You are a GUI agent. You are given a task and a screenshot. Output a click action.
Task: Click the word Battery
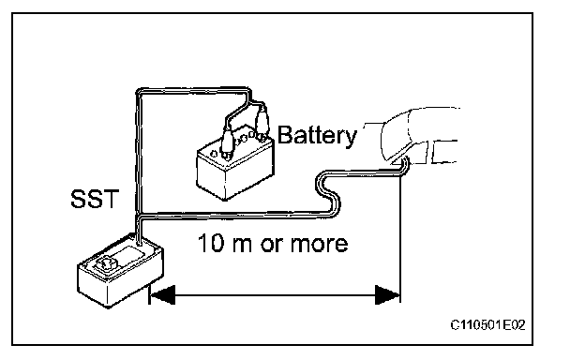317,136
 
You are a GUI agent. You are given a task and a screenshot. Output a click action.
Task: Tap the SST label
95,199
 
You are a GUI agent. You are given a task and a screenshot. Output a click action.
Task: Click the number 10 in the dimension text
211,243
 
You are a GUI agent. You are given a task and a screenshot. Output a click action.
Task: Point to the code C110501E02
487,324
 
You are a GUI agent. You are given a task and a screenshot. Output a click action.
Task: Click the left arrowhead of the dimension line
162,294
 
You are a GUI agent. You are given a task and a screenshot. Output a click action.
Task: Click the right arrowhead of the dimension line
387,294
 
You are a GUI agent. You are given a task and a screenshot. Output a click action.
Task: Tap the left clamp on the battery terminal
228,144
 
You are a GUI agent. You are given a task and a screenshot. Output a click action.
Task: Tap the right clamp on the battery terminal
262,124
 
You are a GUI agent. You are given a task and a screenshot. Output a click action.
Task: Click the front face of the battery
211,175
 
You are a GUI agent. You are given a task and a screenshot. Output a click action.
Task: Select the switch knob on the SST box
106,262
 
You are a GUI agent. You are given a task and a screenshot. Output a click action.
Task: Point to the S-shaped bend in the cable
328,193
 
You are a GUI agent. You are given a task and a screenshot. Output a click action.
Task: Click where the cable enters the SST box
139,241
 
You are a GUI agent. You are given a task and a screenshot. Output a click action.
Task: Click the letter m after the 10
241,245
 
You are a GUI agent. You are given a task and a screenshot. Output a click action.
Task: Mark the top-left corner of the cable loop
138,91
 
